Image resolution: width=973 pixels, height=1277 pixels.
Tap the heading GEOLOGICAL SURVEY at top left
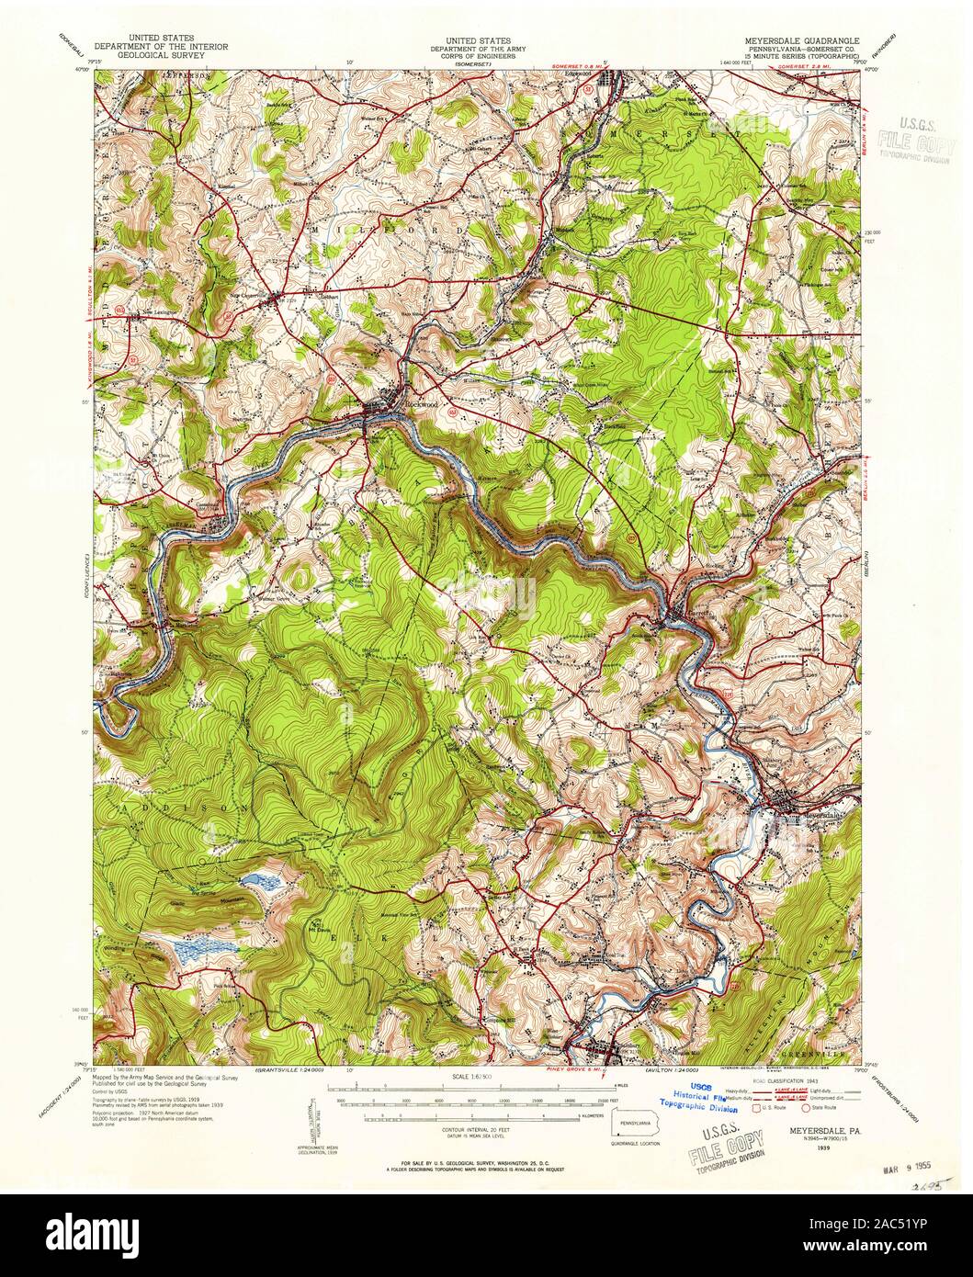[162, 55]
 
